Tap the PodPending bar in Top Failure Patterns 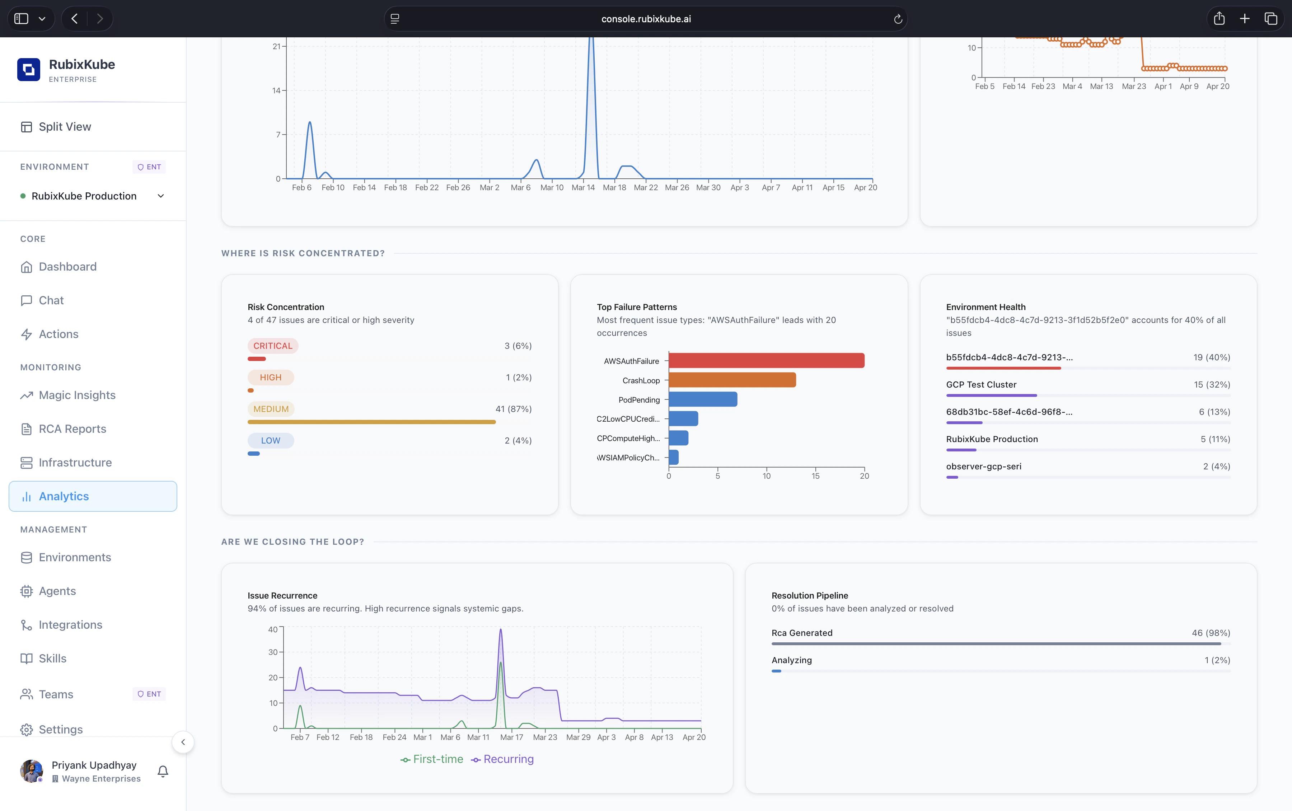point(703,399)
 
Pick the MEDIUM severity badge point(271,409)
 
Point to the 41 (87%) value point(513,409)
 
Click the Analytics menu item point(64,496)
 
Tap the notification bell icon point(163,771)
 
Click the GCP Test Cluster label point(981,385)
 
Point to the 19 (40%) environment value point(1211,357)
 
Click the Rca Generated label point(802,633)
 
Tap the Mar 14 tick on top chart point(583,187)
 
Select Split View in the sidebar point(64,127)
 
